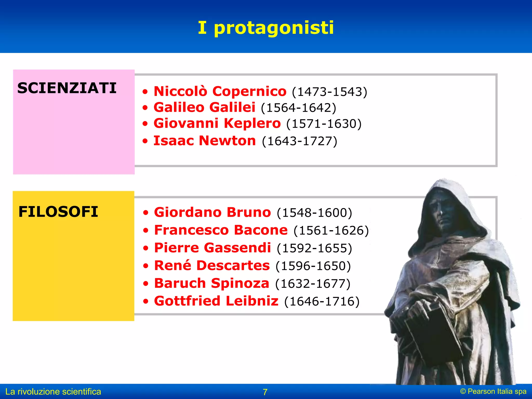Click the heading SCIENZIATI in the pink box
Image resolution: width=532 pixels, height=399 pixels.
(67, 88)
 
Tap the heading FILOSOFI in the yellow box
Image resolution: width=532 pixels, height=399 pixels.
(58, 212)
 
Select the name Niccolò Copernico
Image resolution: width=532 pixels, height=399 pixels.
(220, 91)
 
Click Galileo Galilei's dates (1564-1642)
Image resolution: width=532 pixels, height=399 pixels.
(298, 108)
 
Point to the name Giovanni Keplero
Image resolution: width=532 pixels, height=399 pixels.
(217, 123)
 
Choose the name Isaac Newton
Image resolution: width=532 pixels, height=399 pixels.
(204, 141)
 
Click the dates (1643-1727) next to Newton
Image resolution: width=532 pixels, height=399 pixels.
(299, 141)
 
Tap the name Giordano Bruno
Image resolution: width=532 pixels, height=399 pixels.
(212, 212)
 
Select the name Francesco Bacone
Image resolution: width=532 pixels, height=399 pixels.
(221, 230)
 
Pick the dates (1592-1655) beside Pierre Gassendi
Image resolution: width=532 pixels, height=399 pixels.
(314, 248)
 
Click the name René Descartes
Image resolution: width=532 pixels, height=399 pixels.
(212, 265)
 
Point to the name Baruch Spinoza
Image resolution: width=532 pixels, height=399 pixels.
(211, 283)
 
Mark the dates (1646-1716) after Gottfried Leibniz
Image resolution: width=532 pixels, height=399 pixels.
(322, 301)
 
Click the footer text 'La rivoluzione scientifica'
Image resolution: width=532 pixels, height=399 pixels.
(53, 392)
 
